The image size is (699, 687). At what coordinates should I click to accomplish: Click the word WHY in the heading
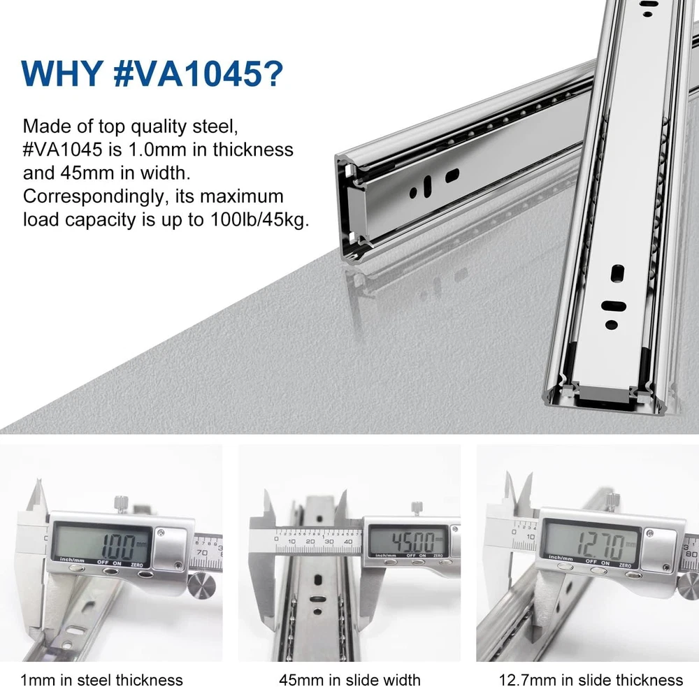62,73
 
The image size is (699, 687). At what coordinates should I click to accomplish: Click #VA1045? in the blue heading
199,73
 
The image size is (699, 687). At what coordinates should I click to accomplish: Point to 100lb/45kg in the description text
259,219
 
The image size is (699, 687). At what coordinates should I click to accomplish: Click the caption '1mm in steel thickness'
101,679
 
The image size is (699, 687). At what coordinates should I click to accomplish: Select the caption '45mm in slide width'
349,679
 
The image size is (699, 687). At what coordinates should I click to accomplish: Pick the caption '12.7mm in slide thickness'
591,679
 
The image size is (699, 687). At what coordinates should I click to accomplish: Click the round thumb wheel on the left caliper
200,586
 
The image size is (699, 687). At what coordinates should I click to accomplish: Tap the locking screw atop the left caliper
121,504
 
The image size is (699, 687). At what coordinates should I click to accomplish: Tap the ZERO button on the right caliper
633,574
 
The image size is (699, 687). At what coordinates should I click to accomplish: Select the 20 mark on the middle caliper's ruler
310,542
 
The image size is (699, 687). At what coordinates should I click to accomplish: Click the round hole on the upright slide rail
611,325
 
